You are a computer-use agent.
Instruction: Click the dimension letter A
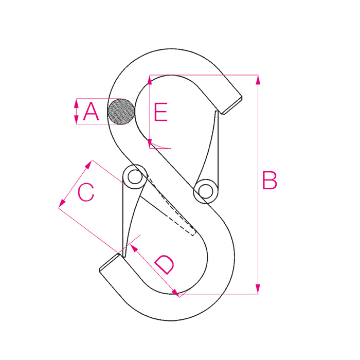pos(91,112)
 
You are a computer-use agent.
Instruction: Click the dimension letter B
pos(270,180)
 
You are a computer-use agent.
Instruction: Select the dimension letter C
pos(86,192)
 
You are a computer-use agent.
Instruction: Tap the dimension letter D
pos(165,264)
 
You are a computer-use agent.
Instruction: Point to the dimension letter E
pos(160,112)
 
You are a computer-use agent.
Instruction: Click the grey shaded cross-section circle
pos(121,112)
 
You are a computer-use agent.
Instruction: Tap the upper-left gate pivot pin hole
pos(135,177)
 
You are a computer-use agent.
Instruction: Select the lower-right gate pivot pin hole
pos(206,191)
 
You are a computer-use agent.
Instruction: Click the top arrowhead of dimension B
pos(258,80)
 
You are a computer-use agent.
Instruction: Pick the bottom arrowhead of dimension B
pos(258,289)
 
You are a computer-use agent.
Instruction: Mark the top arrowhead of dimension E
pos(150,81)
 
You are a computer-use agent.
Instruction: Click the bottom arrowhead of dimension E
pos(150,143)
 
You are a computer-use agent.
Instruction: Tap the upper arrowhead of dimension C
pos(88,165)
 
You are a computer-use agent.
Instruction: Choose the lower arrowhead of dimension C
pos(62,204)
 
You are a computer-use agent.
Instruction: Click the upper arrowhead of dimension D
pos(134,248)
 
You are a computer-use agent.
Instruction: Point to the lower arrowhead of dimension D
pos(175,293)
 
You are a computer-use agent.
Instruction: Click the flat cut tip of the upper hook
pos(232,105)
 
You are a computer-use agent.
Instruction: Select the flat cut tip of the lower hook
pos(110,263)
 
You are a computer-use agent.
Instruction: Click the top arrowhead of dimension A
pos(77,104)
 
